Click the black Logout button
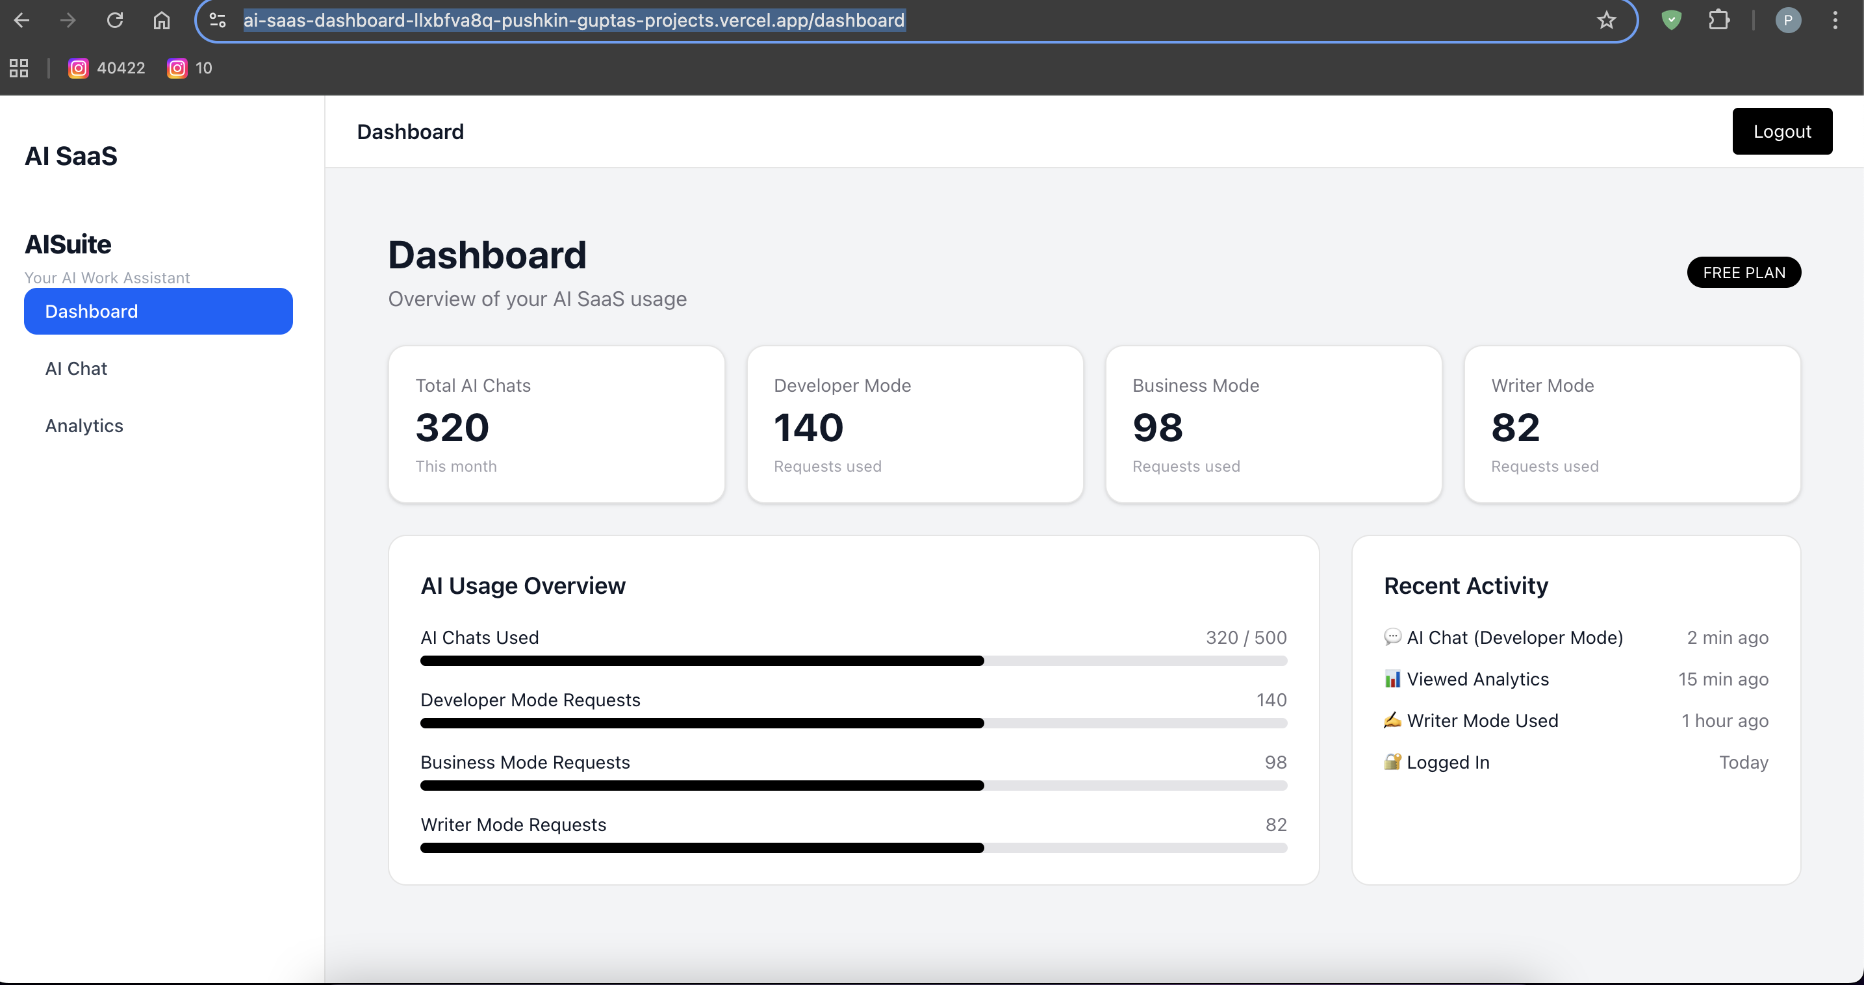(x=1781, y=131)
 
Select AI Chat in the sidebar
(x=76, y=368)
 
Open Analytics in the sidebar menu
(x=84, y=426)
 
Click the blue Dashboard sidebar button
(x=158, y=311)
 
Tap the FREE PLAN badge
(x=1743, y=272)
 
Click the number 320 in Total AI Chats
(x=452, y=427)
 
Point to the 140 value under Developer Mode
(x=808, y=427)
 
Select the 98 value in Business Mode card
(x=1158, y=427)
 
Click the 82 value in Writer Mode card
(x=1515, y=427)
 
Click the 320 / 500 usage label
(x=1245, y=637)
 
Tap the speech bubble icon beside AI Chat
(x=1392, y=637)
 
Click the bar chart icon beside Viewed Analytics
(x=1392, y=679)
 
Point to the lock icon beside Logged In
(x=1392, y=761)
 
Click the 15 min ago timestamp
(x=1723, y=679)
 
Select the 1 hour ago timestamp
(x=1724, y=721)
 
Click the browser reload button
(x=115, y=19)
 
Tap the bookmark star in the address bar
(x=1605, y=19)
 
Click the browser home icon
(x=161, y=19)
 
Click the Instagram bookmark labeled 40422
(x=107, y=68)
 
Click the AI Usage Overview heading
(x=522, y=585)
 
